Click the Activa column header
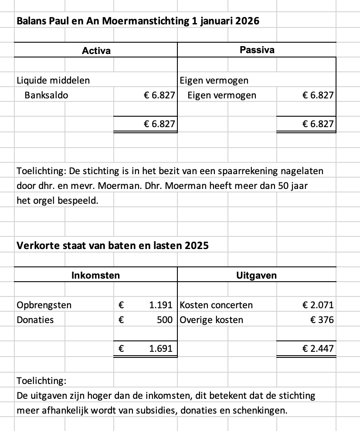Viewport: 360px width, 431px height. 96,51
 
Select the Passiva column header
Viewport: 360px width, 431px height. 257,50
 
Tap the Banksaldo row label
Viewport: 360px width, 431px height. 46,95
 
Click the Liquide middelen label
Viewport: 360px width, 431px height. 53,80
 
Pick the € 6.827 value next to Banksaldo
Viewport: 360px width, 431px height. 160,95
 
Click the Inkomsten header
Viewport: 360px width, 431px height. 95,275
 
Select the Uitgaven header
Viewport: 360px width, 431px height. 256,275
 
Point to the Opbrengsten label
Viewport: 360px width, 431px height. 44,305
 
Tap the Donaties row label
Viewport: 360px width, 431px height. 35,320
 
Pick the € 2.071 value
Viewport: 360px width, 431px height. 318,305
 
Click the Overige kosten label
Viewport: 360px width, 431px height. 211,320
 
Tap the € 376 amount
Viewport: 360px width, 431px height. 322,320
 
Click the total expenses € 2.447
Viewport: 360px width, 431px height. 318,348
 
